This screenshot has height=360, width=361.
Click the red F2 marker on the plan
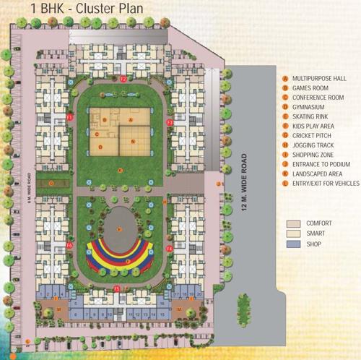tap(123, 77)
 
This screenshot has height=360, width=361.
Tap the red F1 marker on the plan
tap(70, 116)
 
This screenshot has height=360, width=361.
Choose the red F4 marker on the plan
tap(170, 248)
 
